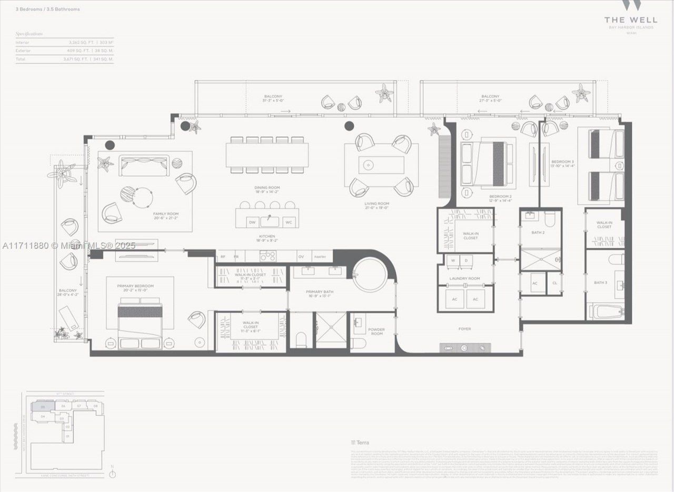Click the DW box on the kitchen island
click(252, 223)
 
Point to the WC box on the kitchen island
click(288, 223)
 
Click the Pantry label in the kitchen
click(320, 257)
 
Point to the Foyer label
click(464, 329)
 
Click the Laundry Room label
click(464, 278)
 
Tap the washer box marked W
click(452, 260)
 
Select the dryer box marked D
click(466, 260)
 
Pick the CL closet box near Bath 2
click(554, 283)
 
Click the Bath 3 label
click(600, 283)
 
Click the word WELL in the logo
click(638, 19)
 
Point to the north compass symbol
click(112, 473)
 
